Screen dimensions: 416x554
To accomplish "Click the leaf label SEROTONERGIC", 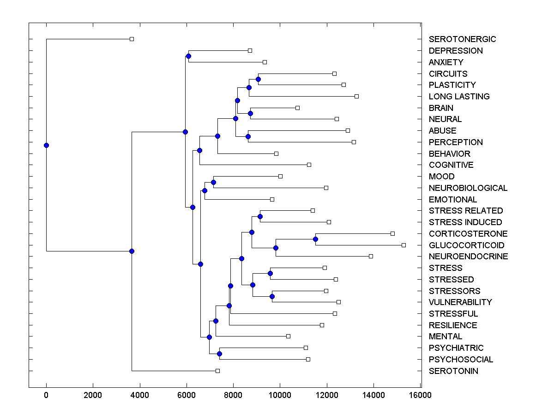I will (x=462, y=39).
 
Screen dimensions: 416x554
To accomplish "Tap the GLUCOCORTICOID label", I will (x=466, y=245).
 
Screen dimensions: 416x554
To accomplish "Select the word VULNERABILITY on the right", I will (x=460, y=302).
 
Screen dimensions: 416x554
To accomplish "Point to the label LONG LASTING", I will (x=459, y=97).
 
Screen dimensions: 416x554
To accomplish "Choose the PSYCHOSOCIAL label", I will (x=461, y=360).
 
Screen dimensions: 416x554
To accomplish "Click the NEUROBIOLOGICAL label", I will (x=468, y=188).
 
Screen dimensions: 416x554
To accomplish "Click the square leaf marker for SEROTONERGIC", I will (x=132, y=39).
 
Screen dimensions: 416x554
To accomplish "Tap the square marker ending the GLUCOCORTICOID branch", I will (x=403, y=245).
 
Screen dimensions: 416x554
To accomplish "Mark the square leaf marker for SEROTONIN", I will (x=217, y=371).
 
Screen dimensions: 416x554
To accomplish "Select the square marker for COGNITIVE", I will (x=309, y=165).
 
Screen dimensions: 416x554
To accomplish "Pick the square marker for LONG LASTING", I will (x=356, y=96).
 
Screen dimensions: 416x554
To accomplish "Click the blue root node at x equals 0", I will (x=46, y=145).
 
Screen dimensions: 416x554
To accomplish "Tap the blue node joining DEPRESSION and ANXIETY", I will (x=188, y=56).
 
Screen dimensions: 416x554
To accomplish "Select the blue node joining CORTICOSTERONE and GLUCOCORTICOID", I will (x=315, y=239).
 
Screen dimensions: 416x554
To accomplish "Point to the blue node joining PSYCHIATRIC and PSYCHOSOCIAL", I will (x=219, y=354).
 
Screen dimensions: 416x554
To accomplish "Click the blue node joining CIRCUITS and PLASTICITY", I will (x=258, y=79).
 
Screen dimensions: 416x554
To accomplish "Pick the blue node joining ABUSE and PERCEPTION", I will (x=248, y=136).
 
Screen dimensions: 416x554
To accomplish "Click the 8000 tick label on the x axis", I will (x=233, y=395).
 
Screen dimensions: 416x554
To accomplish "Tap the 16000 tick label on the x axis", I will (x=420, y=395).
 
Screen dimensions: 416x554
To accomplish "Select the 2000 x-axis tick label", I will (x=93, y=395).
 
